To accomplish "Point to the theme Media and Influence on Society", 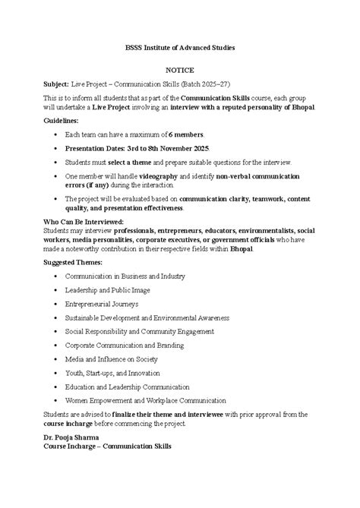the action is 122,358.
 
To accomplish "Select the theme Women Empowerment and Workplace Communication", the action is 145,400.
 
